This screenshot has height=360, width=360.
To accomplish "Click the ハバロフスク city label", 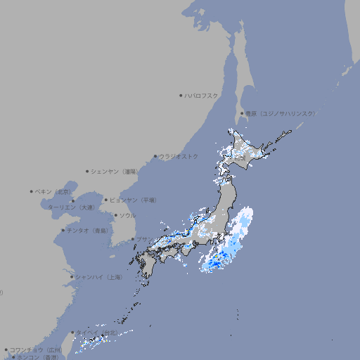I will (x=201, y=95).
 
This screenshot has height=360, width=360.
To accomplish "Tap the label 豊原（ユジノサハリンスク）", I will (x=281, y=113).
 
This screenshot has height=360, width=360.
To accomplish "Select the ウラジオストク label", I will (x=179, y=156).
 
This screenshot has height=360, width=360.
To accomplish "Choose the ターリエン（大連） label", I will (x=70, y=207).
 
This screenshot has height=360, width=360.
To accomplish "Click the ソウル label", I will (x=127, y=215).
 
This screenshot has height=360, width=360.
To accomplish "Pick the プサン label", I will (x=143, y=239).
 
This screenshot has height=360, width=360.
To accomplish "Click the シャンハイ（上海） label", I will (x=98, y=277).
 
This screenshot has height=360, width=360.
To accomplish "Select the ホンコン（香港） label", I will (x=37, y=357).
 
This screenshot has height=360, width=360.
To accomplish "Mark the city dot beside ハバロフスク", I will (x=181, y=95).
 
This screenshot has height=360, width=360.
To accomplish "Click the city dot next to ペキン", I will (x=32, y=191).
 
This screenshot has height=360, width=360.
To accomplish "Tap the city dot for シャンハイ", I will (x=71, y=277).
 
